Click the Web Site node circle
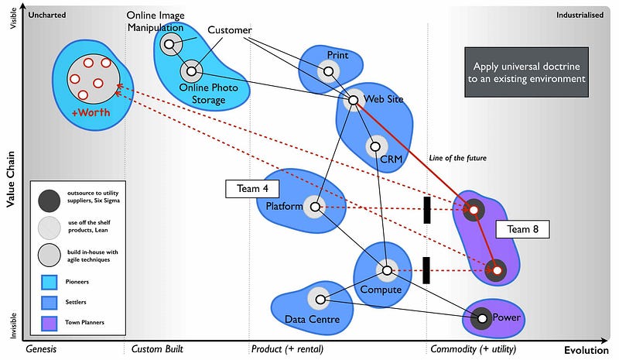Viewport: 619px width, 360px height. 353,100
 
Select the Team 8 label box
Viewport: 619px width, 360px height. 523,229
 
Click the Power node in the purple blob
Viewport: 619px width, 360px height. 482,317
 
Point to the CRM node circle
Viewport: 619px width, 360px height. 375,146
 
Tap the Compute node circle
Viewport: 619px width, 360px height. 386,270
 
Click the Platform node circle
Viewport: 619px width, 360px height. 314,207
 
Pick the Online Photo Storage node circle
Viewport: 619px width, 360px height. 190,72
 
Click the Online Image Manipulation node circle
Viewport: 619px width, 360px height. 169,44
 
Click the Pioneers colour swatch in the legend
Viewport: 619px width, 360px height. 48,282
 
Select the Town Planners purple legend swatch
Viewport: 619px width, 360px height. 48,322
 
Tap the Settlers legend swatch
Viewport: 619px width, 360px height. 48,302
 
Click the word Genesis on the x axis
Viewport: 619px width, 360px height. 42,349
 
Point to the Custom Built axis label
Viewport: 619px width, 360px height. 157,349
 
